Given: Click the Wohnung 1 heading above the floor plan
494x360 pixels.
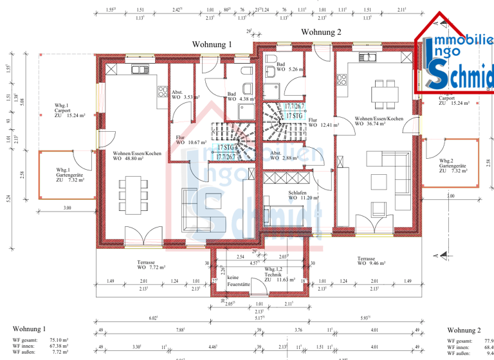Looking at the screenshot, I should [212, 44].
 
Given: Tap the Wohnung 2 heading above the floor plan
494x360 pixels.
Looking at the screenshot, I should [321, 32].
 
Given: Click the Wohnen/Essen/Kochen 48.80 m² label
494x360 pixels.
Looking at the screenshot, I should [136, 156].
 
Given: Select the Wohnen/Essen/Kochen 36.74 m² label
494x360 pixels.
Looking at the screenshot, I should [380, 122].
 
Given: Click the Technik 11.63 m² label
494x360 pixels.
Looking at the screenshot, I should [278, 278].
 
